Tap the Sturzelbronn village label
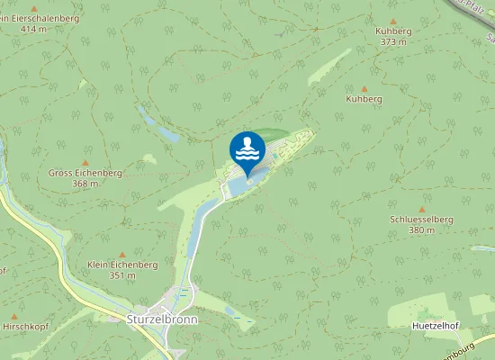pos(161,319)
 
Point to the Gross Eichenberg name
pos(85,172)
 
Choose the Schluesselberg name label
pos(420,219)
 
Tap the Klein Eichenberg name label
pos(122,265)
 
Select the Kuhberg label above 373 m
pos(392,31)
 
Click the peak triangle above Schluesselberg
pos(420,208)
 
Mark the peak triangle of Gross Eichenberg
pos(85,161)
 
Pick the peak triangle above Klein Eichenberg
pos(122,254)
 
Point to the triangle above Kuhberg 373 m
pos(392,20)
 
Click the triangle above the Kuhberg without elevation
pos(364,88)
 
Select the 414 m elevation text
pos(33,30)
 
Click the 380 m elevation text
pos(420,229)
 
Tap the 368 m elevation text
pos(85,183)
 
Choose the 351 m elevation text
pos(122,275)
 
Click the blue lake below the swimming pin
pos(241,184)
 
